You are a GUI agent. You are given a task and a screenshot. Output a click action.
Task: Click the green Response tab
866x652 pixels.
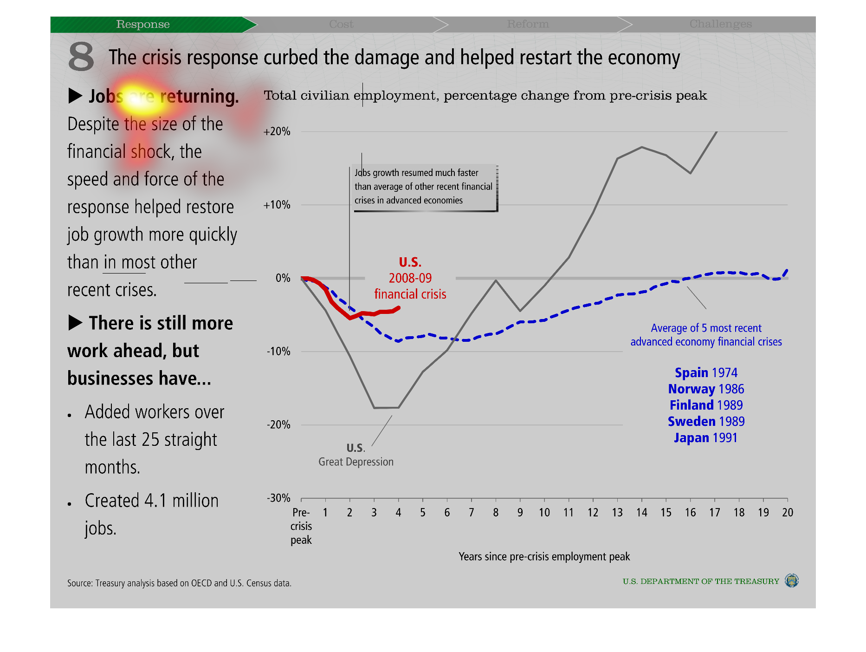pyautogui.click(x=143, y=24)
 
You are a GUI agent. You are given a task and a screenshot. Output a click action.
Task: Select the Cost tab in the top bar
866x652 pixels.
pyautogui.click(x=341, y=24)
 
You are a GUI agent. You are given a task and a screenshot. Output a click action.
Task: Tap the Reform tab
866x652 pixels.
pyautogui.click(x=528, y=24)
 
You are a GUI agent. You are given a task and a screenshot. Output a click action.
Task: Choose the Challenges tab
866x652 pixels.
pyautogui.click(x=720, y=24)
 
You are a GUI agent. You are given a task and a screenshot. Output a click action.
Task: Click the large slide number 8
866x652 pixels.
pyautogui.click(x=81, y=57)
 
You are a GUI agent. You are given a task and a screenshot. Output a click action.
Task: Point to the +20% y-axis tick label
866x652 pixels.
pyautogui.click(x=277, y=132)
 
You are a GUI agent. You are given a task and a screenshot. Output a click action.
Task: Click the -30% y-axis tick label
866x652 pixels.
pyautogui.click(x=278, y=498)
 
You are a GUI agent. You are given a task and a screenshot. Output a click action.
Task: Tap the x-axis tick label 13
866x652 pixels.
pyautogui.click(x=617, y=513)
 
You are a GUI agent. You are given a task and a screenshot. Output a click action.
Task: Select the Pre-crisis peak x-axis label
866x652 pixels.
pyautogui.click(x=301, y=526)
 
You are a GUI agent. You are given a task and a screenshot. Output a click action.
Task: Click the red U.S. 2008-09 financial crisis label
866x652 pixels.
pyautogui.click(x=410, y=278)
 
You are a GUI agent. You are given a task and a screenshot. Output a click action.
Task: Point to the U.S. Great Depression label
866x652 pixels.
pyautogui.click(x=356, y=455)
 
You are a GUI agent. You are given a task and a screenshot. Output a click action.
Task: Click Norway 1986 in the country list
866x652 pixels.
pyautogui.click(x=706, y=389)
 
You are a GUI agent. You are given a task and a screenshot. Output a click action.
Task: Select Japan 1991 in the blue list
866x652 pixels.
pyautogui.click(x=705, y=438)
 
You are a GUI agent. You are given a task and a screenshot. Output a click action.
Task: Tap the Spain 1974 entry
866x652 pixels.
pyautogui.click(x=706, y=373)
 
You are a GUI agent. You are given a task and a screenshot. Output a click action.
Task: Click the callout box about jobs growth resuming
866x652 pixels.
pyautogui.click(x=423, y=187)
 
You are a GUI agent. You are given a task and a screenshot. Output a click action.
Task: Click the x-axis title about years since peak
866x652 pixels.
pyautogui.click(x=544, y=557)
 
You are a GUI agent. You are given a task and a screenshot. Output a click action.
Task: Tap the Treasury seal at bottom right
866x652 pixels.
pyautogui.click(x=791, y=580)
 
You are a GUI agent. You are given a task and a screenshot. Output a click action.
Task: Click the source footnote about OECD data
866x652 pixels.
pyautogui.click(x=179, y=583)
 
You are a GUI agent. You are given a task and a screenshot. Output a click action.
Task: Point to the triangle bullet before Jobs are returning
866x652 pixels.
pyautogui.click(x=75, y=96)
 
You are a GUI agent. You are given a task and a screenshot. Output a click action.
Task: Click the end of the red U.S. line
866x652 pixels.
pyautogui.click(x=399, y=308)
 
